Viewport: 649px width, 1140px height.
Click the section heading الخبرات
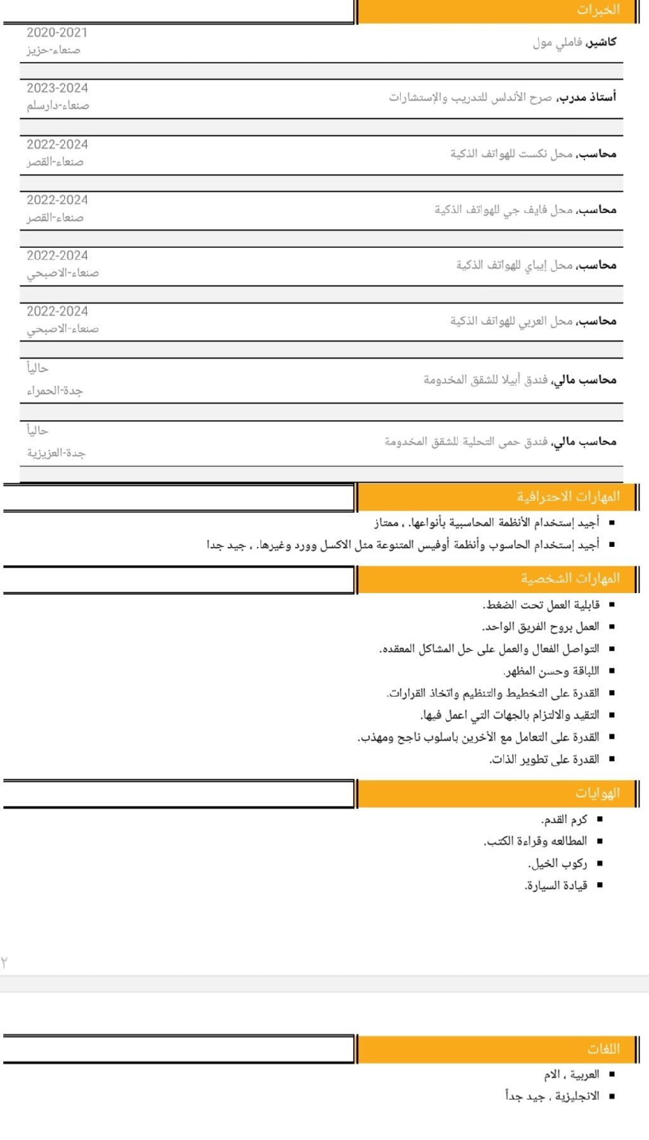coord(597,10)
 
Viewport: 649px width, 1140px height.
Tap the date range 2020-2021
coord(57,32)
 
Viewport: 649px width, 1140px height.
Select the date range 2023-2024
coord(57,88)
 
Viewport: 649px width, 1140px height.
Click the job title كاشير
coord(601,42)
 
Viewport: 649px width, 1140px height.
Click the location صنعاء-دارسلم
coord(58,106)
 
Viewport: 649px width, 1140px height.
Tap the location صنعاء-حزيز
coord(53,50)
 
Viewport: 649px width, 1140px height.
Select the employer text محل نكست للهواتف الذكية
coord(511,154)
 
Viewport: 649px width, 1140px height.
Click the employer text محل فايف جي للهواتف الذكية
coord(503,210)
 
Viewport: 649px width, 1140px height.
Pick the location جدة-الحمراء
coord(55,391)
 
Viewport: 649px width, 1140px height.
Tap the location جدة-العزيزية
coord(56,453)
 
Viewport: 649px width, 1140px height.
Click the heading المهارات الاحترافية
coord(568,497)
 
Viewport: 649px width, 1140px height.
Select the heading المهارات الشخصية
coord(570,579)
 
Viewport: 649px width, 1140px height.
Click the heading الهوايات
coord(597,793)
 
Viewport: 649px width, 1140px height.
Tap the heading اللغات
coord(603,1049)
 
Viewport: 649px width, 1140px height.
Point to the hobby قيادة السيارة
coord(555,885)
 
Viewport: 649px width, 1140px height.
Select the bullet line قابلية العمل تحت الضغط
coord(541,605)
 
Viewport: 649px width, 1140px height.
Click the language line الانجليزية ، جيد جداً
coord(552,1096)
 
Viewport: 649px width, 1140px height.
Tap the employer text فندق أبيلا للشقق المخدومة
coord(485,380)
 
